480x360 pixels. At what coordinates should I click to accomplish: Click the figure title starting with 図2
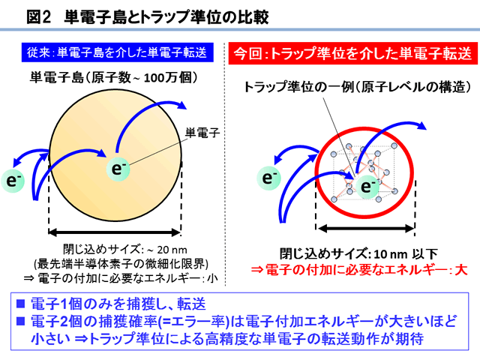coord(147,16)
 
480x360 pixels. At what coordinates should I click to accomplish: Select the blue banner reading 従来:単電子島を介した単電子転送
coord(118,52)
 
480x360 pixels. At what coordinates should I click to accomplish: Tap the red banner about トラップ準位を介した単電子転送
coord(353,54)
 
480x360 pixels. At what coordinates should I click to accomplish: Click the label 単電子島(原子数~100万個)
coord(114,77)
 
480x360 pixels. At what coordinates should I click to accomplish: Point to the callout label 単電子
coord(202,133)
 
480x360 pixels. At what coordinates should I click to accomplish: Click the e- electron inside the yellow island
coord(118,169)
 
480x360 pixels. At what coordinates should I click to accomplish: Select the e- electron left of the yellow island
coord(13,181)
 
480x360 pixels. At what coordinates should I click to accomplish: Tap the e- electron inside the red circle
coord(367,187)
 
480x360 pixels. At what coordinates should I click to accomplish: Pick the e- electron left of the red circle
coord(268,178)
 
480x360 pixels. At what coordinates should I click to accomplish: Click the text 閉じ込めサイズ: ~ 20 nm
coord(125,250)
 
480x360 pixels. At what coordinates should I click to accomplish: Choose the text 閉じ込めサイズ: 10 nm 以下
coord(358,254)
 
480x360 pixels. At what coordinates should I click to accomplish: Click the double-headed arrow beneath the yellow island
coord(115,232)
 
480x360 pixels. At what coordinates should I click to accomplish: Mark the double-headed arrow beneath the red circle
coord(366,228)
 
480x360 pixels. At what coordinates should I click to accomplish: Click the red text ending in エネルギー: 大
coord(359,270)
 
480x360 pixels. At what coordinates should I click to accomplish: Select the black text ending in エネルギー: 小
coord(121,278)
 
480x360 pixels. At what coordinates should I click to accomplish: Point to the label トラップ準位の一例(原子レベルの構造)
coord(357,87)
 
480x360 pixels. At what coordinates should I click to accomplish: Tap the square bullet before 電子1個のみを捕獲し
coord(20,303)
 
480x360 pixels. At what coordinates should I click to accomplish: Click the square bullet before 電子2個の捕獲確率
coord(20,321)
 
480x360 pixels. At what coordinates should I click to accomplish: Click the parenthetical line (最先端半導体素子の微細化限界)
coord(121,263)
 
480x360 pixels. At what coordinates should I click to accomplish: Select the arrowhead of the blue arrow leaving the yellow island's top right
coord(181,105)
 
